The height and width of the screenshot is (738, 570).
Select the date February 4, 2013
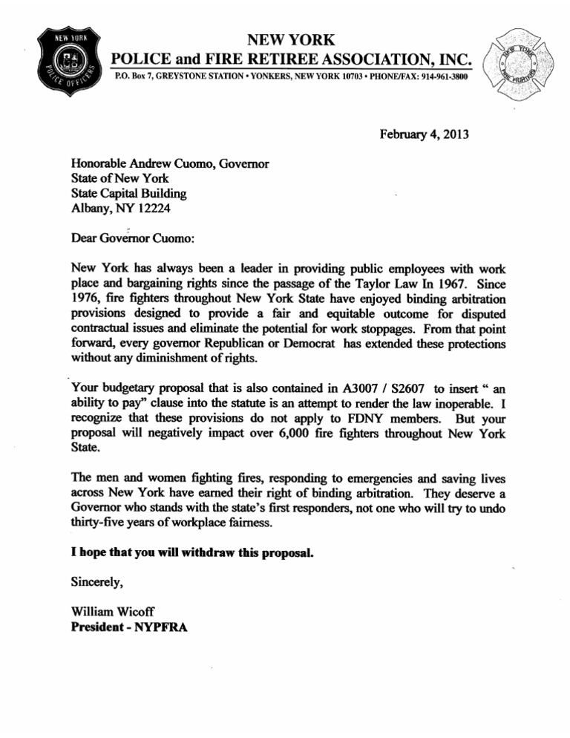(425, 134)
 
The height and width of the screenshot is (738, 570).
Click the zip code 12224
(151, 209)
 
